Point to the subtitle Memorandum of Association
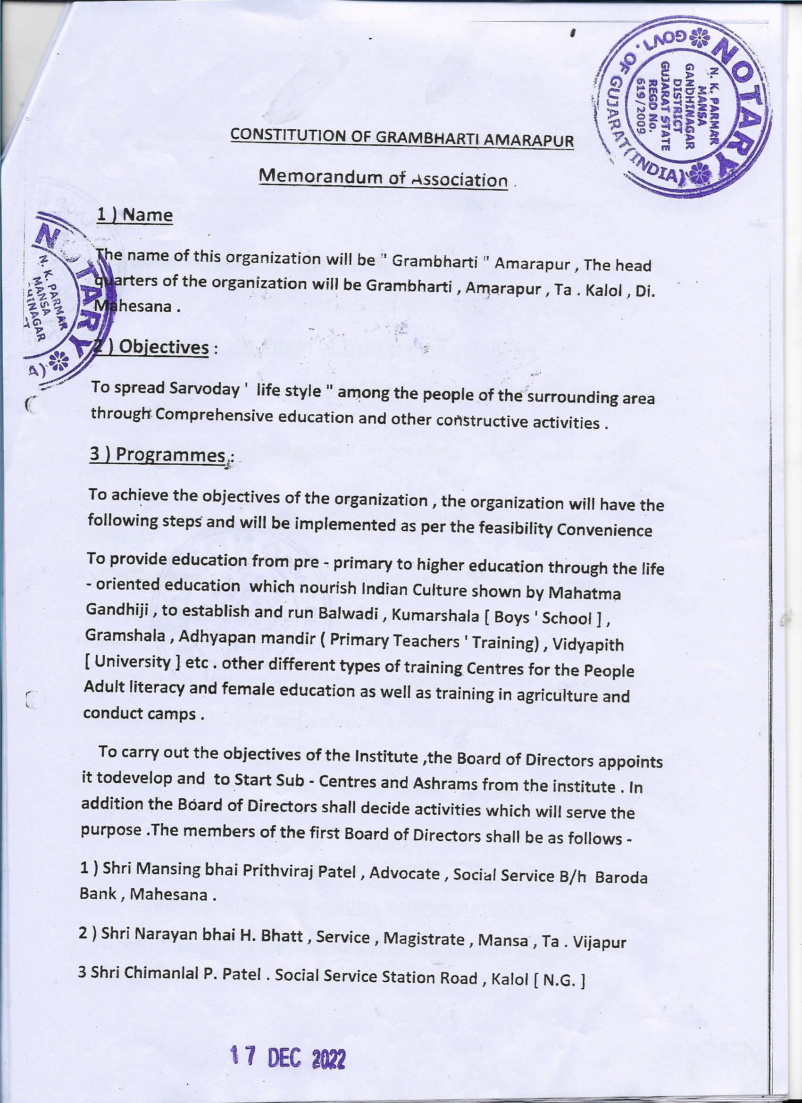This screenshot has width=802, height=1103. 383,178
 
